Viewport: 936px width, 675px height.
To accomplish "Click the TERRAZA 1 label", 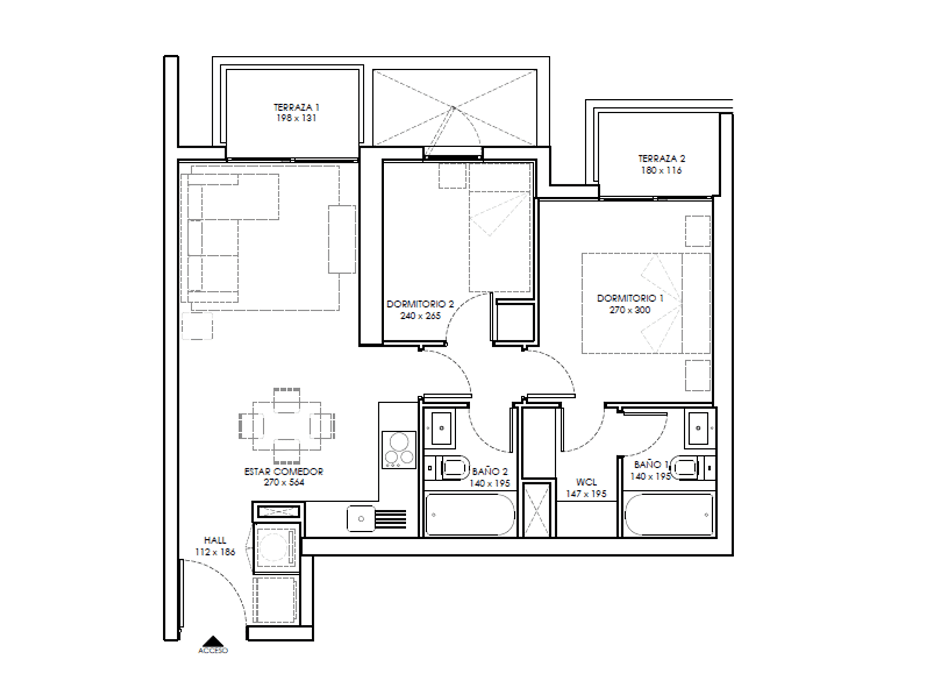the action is (x=296, y=107).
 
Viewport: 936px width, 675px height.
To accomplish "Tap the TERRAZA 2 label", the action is (x=661, y=159).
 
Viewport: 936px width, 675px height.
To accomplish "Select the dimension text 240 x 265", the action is (x=420, y=316).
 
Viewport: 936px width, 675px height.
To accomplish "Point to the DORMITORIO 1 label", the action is (x=630, y=298).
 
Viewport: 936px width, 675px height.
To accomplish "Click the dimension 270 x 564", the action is (x=284, y=482).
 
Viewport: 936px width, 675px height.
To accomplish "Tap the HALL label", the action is (x=215, y=541).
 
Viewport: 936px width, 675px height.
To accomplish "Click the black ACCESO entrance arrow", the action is (x=213, y=641).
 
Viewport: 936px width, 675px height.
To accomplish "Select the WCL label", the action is (x=586, y=482).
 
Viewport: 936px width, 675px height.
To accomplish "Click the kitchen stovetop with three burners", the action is (x=399, y=450).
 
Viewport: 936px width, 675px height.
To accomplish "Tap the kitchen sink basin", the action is (x=361, y=519).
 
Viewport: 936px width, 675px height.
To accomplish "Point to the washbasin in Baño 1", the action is (x=698, y=428).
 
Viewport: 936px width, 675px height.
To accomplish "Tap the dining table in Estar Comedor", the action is (x=287, y=426).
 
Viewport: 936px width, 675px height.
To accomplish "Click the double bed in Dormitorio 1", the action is (x=646, y=303).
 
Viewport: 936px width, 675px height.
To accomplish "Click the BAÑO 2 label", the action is (x=490, y=472).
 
